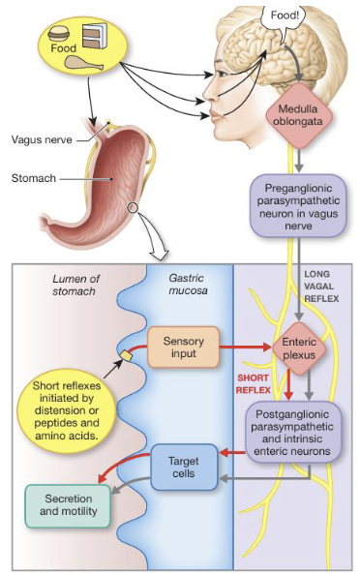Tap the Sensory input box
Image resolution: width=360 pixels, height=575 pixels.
click(184, 347)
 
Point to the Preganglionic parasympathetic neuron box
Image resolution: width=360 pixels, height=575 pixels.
click(303, 204)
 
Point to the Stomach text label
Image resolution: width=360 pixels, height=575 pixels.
click(34, 178)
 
